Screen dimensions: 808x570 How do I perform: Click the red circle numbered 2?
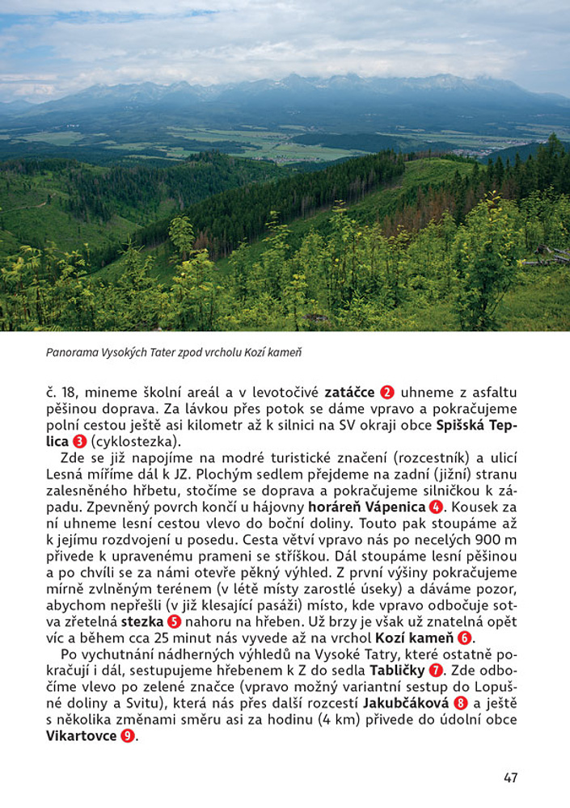coord(387,393)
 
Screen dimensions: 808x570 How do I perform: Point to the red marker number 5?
coord(174,622)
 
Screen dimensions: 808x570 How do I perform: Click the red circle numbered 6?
coord(464,638)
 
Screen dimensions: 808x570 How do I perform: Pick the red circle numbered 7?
coord(436,671)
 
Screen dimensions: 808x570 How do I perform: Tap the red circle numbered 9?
coord(128,736)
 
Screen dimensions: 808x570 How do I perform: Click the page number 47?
coord(510,778)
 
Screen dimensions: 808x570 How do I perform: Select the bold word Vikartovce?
coord(82,736)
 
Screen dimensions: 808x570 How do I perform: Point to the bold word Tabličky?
coord(396,671)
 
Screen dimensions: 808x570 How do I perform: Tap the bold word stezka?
coord(142,622)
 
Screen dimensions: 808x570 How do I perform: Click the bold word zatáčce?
coord(349,393)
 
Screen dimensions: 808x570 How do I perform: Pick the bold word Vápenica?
coord(395,507)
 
